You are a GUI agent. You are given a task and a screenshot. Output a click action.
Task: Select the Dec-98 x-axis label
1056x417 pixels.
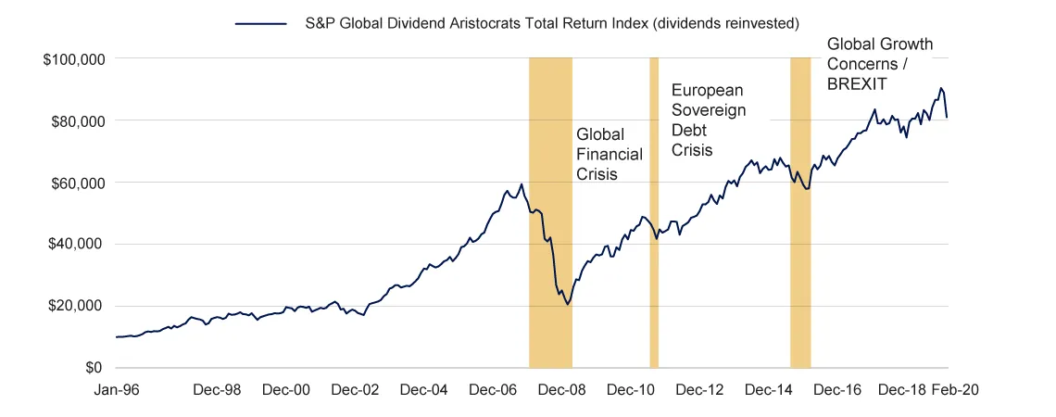(x=219, y=390)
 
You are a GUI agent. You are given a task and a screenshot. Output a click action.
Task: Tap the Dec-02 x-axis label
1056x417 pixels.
(x=356, y=390)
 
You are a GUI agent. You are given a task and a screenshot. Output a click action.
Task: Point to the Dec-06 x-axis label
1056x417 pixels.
(x=493, y=390)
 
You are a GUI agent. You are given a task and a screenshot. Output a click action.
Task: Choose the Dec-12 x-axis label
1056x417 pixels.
(x=700, y=390)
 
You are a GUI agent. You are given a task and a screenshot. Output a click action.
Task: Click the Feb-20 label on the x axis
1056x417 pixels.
(x=954, y=390)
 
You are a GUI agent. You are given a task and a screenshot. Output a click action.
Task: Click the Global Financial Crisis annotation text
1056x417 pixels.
(x=609, y=154)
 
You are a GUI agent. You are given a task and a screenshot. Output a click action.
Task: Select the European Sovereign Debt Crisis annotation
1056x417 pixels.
(x=708, y=120)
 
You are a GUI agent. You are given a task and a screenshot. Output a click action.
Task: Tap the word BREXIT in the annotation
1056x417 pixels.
(x=858, y=84)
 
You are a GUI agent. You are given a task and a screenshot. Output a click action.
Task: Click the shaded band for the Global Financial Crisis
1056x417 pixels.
(x=550, y=213)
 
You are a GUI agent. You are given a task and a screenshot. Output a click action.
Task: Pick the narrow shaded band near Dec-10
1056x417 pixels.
(x=654, y=213)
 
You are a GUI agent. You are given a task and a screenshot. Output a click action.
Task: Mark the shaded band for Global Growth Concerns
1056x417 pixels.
(x=800, y=213)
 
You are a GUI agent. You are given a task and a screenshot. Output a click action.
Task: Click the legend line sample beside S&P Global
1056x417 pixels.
(x=260, y=20)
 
